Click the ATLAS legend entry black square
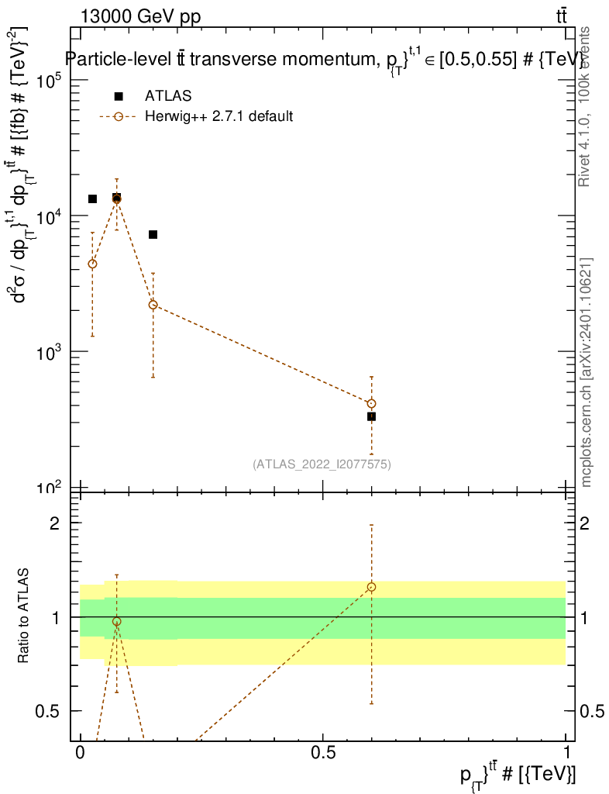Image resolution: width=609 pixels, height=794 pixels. (119, 96)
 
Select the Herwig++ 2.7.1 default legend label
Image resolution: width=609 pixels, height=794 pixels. (218, 117)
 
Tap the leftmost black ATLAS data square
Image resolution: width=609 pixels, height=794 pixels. (92, 199)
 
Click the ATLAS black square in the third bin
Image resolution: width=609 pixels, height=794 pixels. (153, 234)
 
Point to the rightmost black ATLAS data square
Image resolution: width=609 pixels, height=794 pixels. (372, 416)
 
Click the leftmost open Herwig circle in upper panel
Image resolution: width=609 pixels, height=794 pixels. (92, 264)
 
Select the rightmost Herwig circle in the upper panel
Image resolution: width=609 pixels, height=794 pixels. (372, 403)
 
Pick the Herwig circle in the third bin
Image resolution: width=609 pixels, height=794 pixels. (153, 305)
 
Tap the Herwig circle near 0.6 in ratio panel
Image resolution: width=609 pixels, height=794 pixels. (372, 587)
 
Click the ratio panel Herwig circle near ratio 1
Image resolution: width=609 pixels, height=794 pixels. (117, 622)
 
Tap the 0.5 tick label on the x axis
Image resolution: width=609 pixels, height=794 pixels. (323, 752)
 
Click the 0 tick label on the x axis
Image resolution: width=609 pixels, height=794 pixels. (81, 752)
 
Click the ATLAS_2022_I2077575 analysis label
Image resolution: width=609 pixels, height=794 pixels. (322, 464)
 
